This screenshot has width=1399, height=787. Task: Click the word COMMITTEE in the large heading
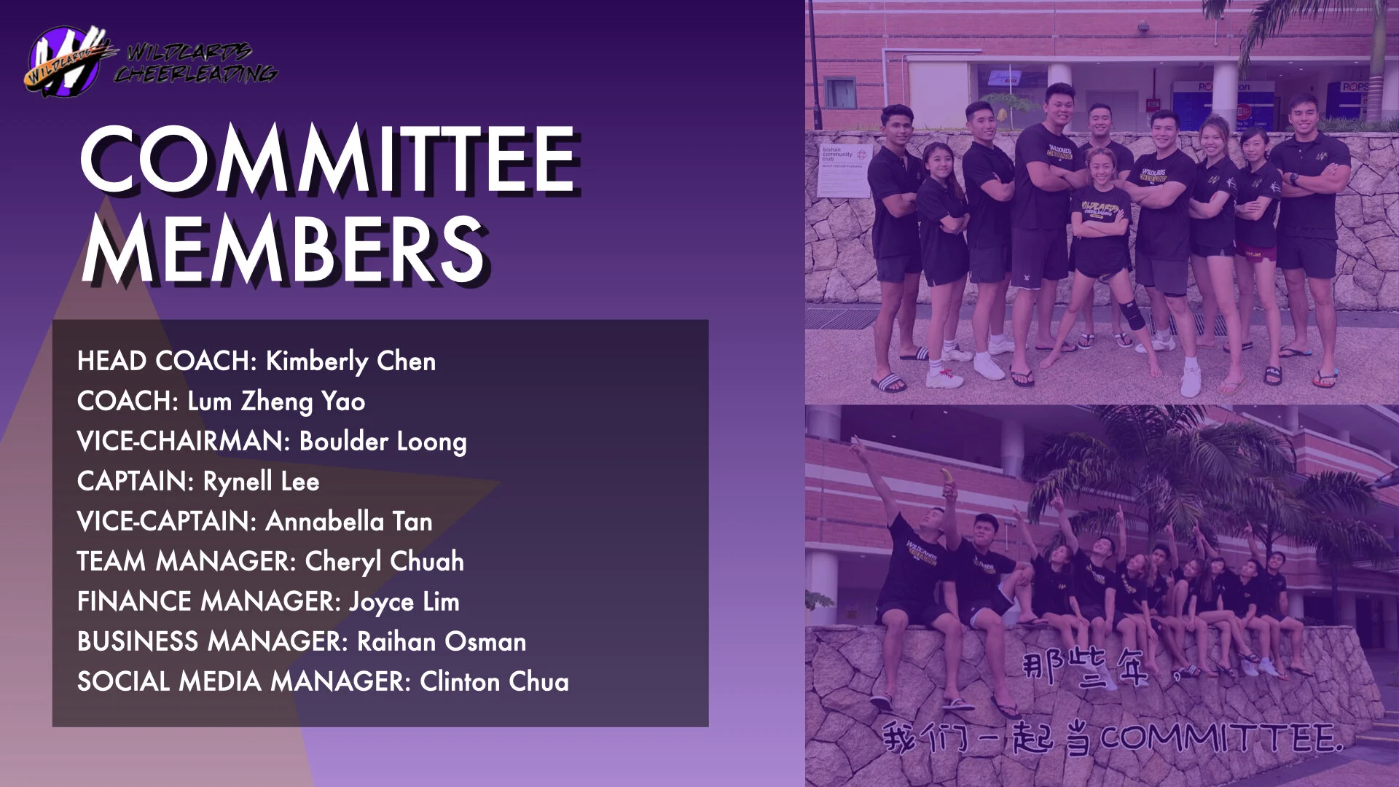coord(328,159)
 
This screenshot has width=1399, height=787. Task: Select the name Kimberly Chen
coord(350,361)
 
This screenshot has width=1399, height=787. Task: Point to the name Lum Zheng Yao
coord(276,402)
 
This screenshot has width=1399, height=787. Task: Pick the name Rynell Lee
coord(261,482)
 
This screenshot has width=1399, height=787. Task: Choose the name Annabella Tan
coord(349,522)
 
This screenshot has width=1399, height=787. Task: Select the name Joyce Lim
coord(404,602)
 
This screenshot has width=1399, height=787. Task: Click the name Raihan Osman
coord(442,642)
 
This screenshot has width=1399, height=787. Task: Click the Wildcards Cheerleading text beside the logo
coord(195,63)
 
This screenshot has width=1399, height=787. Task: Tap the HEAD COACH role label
coord(164,361)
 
